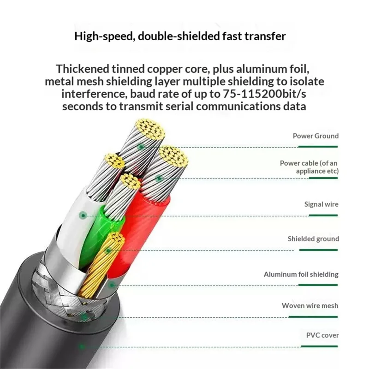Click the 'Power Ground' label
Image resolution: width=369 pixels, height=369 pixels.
point(315,136)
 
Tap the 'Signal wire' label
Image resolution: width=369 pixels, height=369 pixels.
point(321,204)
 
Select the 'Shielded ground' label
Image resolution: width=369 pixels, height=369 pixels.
point(313,239)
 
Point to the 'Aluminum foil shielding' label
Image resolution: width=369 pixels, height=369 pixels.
point(301,274)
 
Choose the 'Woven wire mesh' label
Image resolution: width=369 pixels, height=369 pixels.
point(310,306)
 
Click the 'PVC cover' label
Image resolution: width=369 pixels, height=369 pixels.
point(322,335)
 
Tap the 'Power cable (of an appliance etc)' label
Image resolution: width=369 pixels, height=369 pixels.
point(309,167)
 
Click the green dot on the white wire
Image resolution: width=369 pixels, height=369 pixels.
point(83,215)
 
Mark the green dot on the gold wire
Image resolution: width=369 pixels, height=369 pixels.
point(108,250)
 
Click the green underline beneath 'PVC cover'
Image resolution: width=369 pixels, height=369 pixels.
point(319,346)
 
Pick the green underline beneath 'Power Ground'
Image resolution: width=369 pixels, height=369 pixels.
point(318,147)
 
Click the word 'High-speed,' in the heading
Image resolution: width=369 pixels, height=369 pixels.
point(105,36)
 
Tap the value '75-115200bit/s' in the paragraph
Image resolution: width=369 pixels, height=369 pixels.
point(264,94)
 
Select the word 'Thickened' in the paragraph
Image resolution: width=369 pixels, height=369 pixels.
point(83,69)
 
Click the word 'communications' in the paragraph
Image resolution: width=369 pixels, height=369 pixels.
point(238,107)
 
